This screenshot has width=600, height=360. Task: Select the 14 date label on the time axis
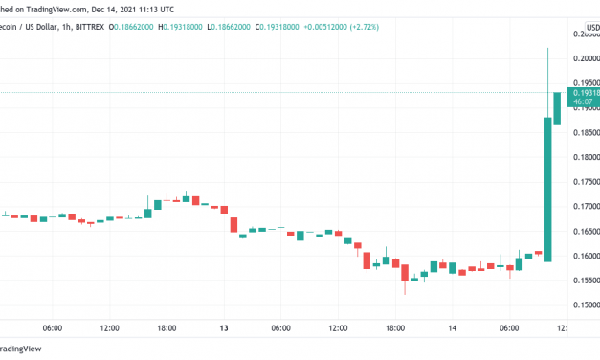(452, 327)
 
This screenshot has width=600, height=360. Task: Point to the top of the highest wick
(547, 49)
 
